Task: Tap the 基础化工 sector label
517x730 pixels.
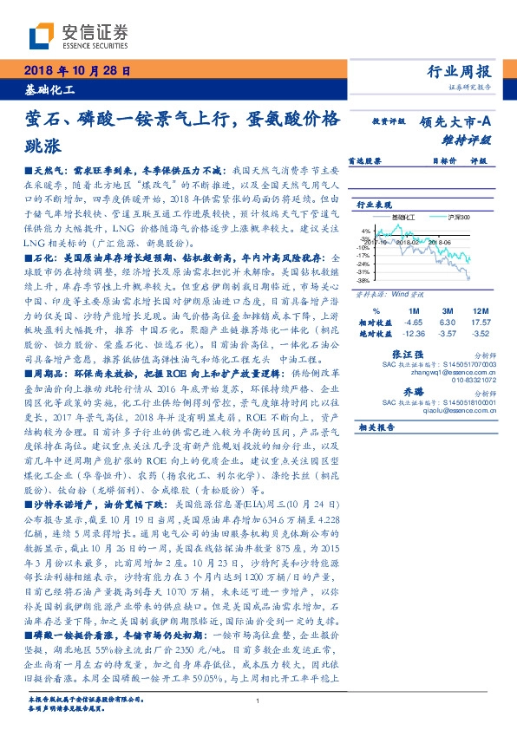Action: pos(50,90)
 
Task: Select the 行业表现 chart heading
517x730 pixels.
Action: pos(374,204)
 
